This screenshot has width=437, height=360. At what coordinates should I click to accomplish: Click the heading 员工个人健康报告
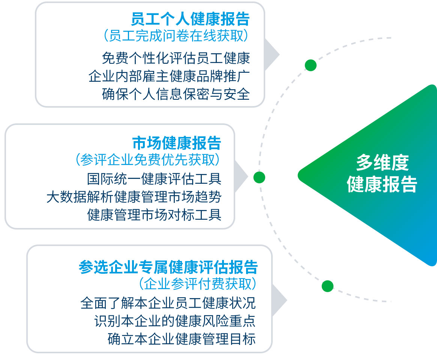[x=190, y=19]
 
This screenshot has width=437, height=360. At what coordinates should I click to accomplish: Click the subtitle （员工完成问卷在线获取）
[x=176, y=36]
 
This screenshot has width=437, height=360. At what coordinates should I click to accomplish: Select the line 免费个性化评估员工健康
[x=176, y=58]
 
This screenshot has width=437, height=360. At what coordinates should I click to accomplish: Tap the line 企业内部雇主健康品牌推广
[x=169, y=76]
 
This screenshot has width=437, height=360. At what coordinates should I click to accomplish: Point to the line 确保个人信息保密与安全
[x=176, y=94]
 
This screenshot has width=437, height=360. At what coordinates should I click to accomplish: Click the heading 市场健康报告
[x=177, y=143]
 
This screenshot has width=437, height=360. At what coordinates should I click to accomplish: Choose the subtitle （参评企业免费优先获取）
[x=147, y=160]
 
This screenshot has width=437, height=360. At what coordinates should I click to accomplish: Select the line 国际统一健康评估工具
[x=154, y=178]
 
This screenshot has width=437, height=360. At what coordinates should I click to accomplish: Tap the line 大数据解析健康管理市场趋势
[x=134, y=197]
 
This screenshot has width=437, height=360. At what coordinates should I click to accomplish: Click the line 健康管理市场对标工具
[x=154, y=215]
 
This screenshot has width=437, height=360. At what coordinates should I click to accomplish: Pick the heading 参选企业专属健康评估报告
[x=168, y=267]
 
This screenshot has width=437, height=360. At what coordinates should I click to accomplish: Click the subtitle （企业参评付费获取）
[x=198, y=284]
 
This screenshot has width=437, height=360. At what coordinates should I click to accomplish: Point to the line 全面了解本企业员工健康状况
[x=168, y=303]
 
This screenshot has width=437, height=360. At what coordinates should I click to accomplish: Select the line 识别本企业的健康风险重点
[x=175, y=321]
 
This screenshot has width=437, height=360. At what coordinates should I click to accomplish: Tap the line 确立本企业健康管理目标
[x=182, y=339]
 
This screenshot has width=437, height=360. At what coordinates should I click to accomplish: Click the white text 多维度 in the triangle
[x=382, y=163]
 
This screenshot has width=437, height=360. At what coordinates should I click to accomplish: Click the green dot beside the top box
[x=311, y=65]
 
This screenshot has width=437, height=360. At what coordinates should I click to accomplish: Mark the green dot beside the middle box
[x=259, y=177]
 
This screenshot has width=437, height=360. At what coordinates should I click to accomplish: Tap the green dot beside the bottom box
[x=327, y=286]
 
